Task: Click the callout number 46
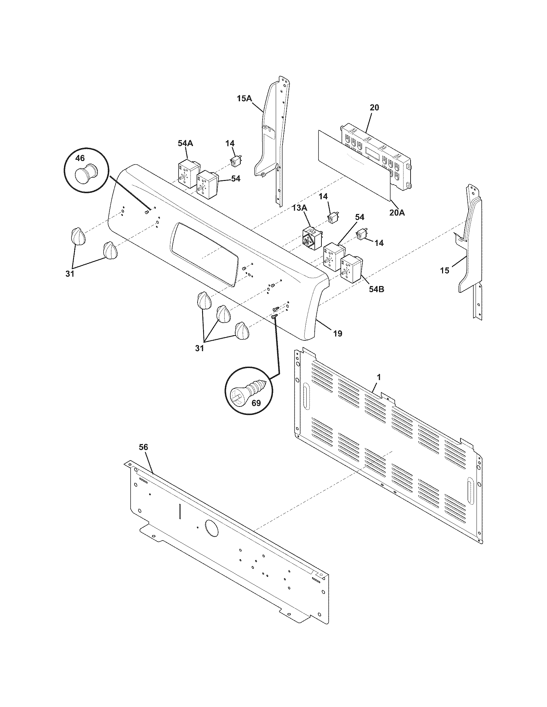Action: click(x=80, y=158)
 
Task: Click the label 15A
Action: click(x=244, y=98)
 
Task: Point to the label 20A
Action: click(x=397, y=213)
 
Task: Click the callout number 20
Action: click(x=374, y=107)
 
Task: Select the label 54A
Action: click(x=185, y=143)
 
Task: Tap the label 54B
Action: click(x=376, y=289)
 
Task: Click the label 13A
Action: click(x=300, y=208)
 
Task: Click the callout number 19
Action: click(x=338, y=333)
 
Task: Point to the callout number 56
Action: click(x=143, y=447)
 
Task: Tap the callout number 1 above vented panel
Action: click(x=379, y=377)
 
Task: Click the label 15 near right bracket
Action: click(x=445, y=270)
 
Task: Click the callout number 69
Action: click(x=256, y=403)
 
